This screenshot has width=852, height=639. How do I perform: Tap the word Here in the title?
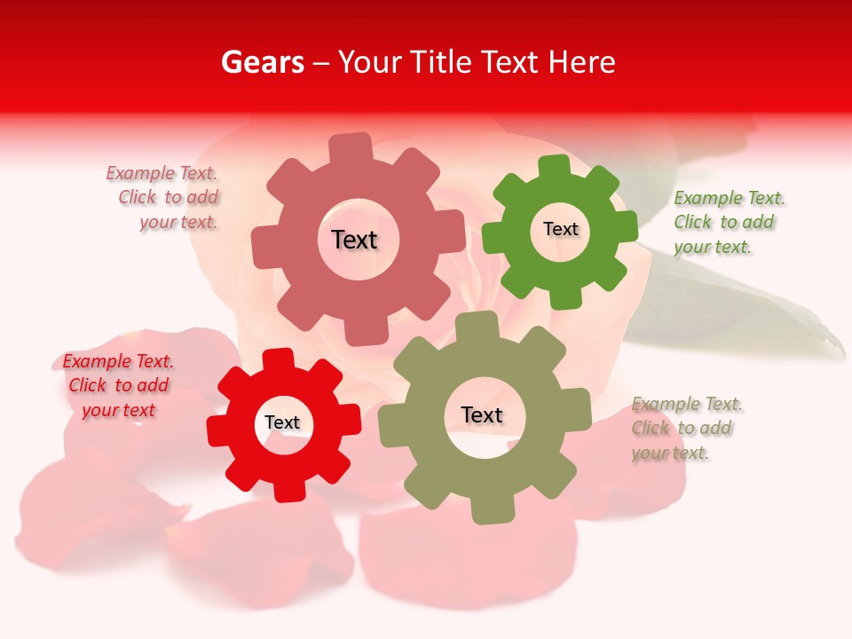point(581,62)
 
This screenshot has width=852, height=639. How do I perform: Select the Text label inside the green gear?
point(560,229)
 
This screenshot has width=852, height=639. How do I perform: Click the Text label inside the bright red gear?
point(282,422)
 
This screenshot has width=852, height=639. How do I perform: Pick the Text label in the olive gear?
point(482,414)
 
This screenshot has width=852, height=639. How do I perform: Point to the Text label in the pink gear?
point(355,240)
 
